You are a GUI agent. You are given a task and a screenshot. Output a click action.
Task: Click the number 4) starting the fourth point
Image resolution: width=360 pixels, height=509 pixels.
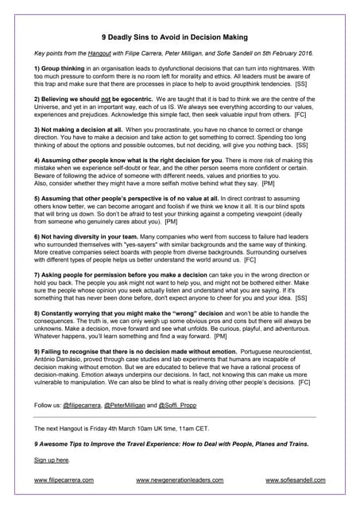tap(38, 159)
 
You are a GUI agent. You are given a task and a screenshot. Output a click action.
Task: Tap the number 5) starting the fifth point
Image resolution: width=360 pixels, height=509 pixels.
tap(38, 196)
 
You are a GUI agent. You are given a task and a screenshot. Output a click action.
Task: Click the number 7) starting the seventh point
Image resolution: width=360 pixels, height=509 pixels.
tap(38, 274)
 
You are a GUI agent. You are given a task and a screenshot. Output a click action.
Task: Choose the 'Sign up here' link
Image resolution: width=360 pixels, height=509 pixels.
tap(52, 460)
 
